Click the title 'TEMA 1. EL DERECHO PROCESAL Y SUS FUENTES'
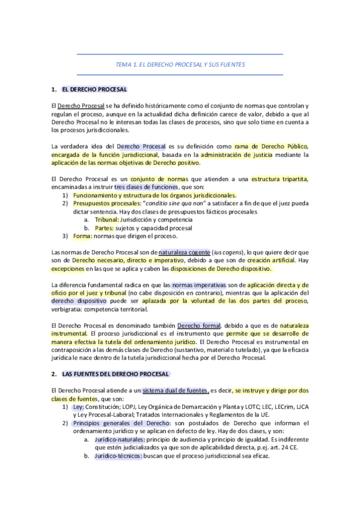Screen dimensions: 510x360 coord(180,64)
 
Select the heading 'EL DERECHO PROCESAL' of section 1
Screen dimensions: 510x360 coord(94,90)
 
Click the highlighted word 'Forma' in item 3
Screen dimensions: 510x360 coord(82,236)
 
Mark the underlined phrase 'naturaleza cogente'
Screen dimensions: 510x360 coord(184,252)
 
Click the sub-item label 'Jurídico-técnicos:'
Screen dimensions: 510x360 coord(118,456)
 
